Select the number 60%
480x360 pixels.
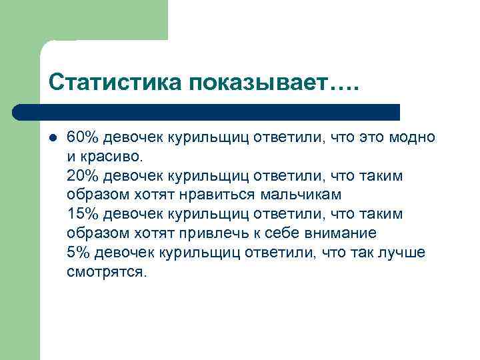(x=83, y=137)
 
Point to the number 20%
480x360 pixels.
(x=83, y=176)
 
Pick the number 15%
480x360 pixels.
(x=83, y=215)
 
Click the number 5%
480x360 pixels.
(x=78, y=253)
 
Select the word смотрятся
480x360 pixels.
(x=105, y=273)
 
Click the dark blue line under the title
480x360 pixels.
(x=207, y=111)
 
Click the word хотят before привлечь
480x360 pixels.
(x=158, y=234)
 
